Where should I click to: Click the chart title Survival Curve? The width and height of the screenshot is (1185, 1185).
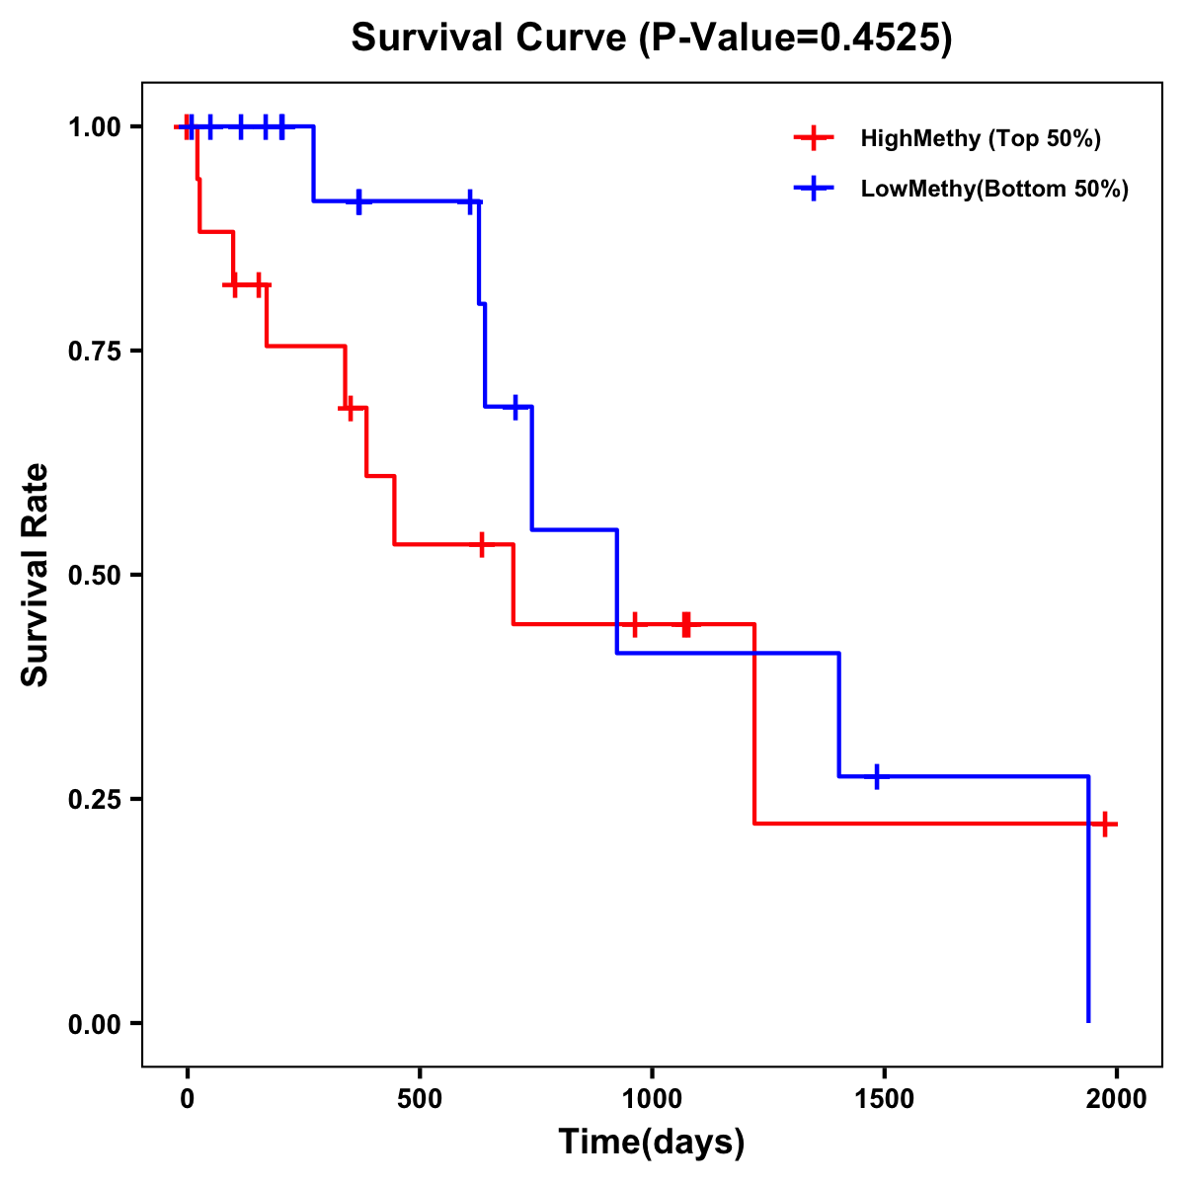click(652, 39)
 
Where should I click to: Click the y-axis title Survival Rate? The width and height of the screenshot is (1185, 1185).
click(36, 575)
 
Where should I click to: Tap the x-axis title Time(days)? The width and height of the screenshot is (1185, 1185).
click(652, 1142)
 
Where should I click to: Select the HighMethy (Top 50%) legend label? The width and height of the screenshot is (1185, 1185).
click(980, 138)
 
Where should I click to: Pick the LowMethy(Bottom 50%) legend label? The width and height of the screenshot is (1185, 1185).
click(993, 189)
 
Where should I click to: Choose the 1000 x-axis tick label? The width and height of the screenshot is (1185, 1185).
click(652, 1099)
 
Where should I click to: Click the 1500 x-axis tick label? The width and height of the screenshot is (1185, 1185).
click(884, 1099)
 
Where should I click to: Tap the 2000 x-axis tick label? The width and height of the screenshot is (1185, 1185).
click(1116, 1099)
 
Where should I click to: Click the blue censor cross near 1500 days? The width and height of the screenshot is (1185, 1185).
click(876, 776)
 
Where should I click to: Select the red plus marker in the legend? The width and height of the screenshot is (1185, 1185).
click(812, 138)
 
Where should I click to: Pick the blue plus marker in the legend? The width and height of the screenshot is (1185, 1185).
click(812, 189)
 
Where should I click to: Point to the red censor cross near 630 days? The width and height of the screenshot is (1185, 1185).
click(481, 544)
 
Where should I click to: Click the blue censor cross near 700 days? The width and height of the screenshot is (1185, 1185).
click(515, 407)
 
